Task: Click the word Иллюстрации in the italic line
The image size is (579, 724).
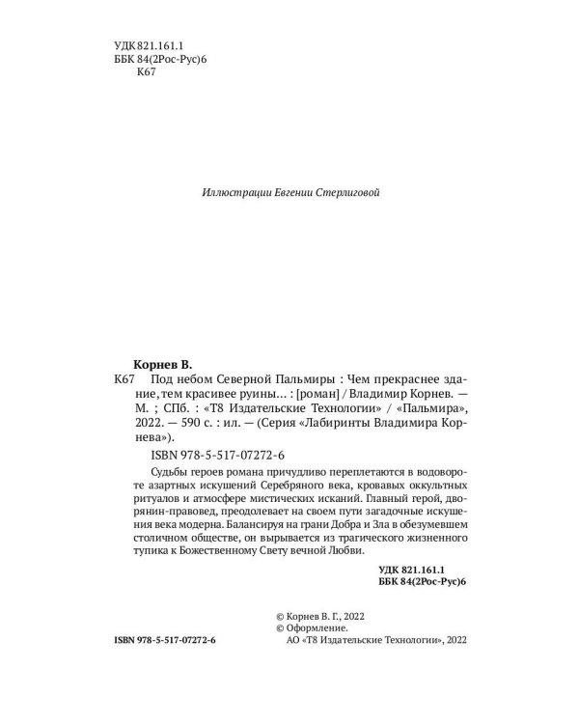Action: [x=234, y=193]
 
